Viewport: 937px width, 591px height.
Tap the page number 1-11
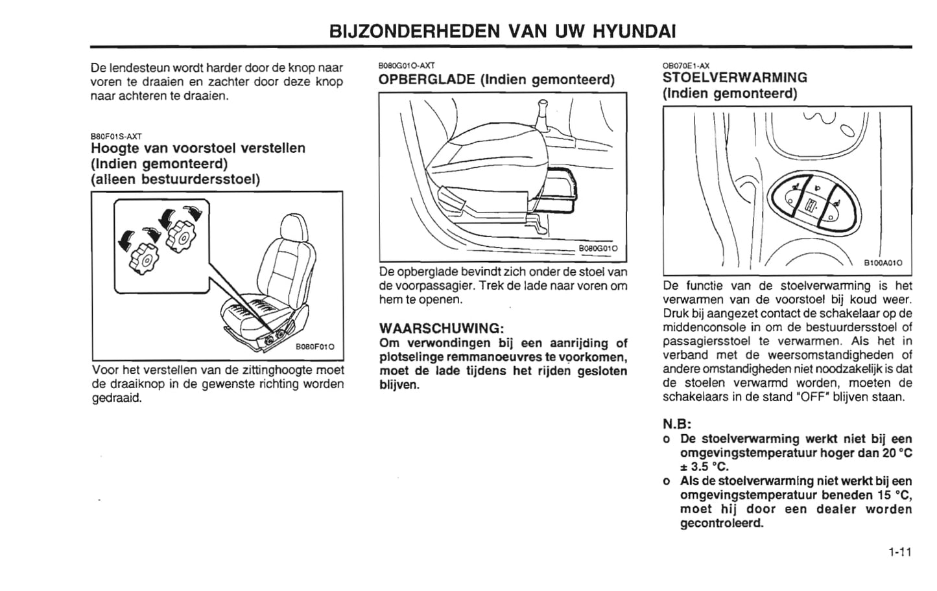899,552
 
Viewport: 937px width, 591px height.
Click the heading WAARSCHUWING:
442,327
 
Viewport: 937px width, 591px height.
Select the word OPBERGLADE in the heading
426,80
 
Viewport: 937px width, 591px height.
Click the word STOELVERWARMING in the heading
735,78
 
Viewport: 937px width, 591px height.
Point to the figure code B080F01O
314,347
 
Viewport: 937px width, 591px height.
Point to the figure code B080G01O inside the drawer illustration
598,248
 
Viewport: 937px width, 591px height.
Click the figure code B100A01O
882,263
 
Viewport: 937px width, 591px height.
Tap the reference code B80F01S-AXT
116,136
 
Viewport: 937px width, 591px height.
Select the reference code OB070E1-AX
685,65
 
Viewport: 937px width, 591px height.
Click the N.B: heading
677,424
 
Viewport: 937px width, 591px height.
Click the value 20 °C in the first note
896,453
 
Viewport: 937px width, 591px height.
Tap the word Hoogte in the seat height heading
113,148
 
